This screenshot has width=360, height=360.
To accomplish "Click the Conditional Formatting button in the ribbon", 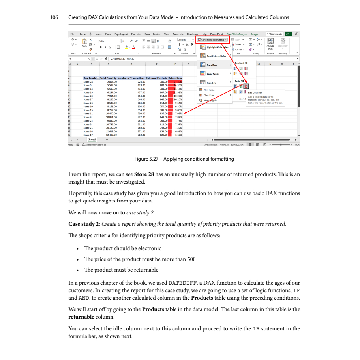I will (213, 40).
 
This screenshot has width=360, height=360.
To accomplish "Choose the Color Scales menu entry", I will (213, 74).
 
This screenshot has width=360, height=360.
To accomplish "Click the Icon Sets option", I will (212, 83).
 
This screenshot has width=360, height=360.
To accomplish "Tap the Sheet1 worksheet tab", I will (92, 139).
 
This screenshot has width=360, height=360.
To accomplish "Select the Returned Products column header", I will (157, 79).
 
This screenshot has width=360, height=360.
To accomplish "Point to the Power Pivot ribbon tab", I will (216, 34).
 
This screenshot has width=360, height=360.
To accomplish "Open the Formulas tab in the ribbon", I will (136, 34).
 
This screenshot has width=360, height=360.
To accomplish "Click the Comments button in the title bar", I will (275, 34).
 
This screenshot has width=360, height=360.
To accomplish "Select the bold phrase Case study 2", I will (84, 224).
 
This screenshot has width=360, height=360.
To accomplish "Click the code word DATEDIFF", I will (182, 283).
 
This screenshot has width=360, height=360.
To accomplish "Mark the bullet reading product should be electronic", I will (123, 248).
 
